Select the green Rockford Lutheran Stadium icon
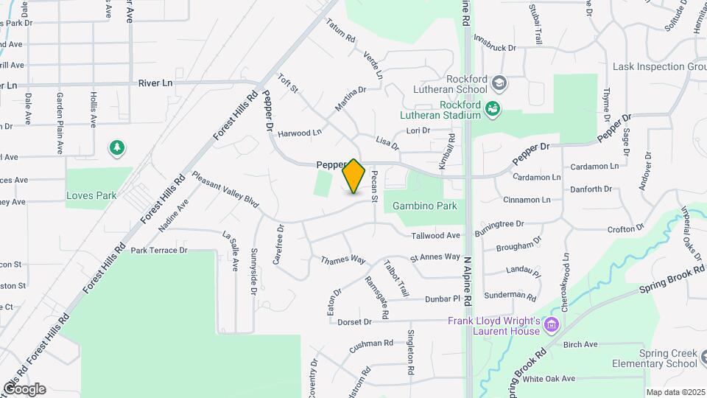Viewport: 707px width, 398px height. coord(493,111)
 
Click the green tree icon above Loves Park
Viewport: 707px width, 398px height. coord(116,149)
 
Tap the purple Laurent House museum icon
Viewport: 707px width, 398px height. coord(549,324)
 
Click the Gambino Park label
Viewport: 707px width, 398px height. coord(425,206)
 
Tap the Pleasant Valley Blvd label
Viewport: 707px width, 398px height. coord(225,189)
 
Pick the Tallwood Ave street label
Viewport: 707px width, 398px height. coord(436,236)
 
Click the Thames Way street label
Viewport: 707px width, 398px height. coord(343,259)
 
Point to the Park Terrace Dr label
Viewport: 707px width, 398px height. coord(159,251)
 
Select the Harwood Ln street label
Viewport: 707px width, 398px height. coord(300,133)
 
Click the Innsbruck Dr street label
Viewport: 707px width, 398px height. coord(495,42)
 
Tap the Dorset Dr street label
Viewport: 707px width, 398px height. coord(354,322)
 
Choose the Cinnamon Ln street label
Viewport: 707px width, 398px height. coord(527,200)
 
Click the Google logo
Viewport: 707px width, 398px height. coord(24,389)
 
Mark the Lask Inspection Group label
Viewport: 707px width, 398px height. coord(659,67)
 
